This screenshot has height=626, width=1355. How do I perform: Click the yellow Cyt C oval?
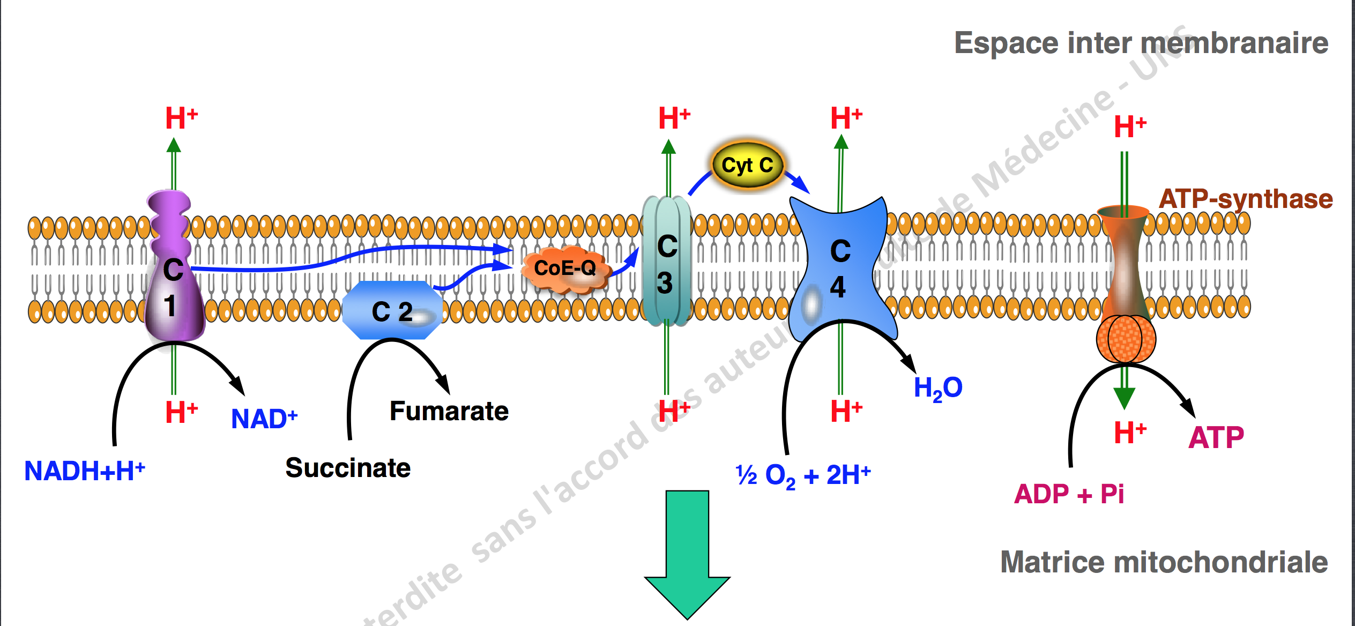[x=747, y=165]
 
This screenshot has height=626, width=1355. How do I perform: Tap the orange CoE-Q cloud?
[x=565, y=269]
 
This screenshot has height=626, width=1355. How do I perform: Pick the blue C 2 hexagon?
[x=392, y=311]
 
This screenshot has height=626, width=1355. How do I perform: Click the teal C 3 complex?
[x=666, y=263]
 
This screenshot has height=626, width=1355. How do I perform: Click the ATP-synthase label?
[x=1245, y=199]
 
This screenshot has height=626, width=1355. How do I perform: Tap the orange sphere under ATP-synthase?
[x=1125, y=339]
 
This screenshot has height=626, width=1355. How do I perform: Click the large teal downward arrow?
[x=687, y=552]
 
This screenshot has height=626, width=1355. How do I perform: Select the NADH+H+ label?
[x=85, y=471]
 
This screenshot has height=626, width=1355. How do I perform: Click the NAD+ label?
[x=264, y=419]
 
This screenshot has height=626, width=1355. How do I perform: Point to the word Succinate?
[x=348, y=468]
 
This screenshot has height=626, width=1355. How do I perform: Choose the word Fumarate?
[x=449, y=412]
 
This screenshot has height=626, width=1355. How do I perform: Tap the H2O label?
[x=937, y=388]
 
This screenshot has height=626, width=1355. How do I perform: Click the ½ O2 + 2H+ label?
[x=803, y=475]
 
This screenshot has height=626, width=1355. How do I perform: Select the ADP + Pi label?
[x=1069, y=494]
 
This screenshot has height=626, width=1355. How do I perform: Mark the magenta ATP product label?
[x=1216, y=437]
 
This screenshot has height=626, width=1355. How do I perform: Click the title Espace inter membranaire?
[x=1141, y=43]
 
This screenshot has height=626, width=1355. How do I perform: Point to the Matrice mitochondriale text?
[x=1164, y=562]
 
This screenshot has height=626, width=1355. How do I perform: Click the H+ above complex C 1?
[x=181, y=118]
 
